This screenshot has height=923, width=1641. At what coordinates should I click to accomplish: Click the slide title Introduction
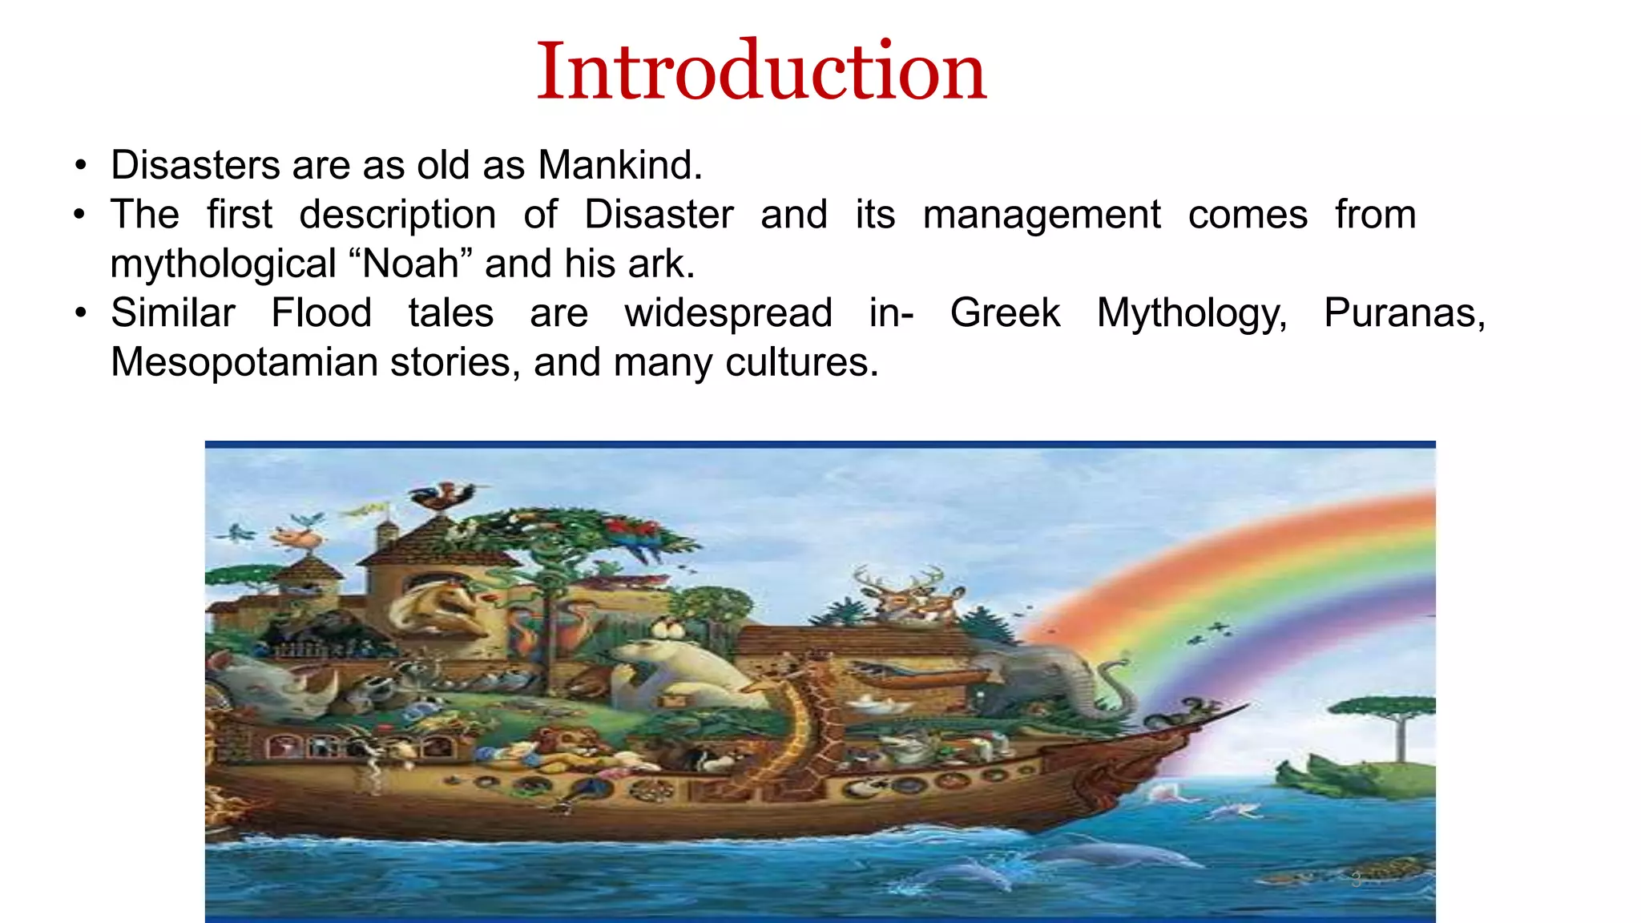point(761,72)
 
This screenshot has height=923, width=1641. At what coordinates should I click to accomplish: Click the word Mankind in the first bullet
point(619,165)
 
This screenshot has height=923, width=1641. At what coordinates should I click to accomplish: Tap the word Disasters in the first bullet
point(196,165)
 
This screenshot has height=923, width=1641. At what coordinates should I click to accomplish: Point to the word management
point(1042,215)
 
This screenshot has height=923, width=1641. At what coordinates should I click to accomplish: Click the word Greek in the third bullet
point(1005,312)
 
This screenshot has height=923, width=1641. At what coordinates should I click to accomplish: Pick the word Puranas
point(1404,312)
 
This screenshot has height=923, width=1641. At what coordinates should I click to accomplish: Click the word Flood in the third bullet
point(321,312)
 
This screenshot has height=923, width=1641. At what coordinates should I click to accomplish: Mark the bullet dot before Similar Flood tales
point(79,312)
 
